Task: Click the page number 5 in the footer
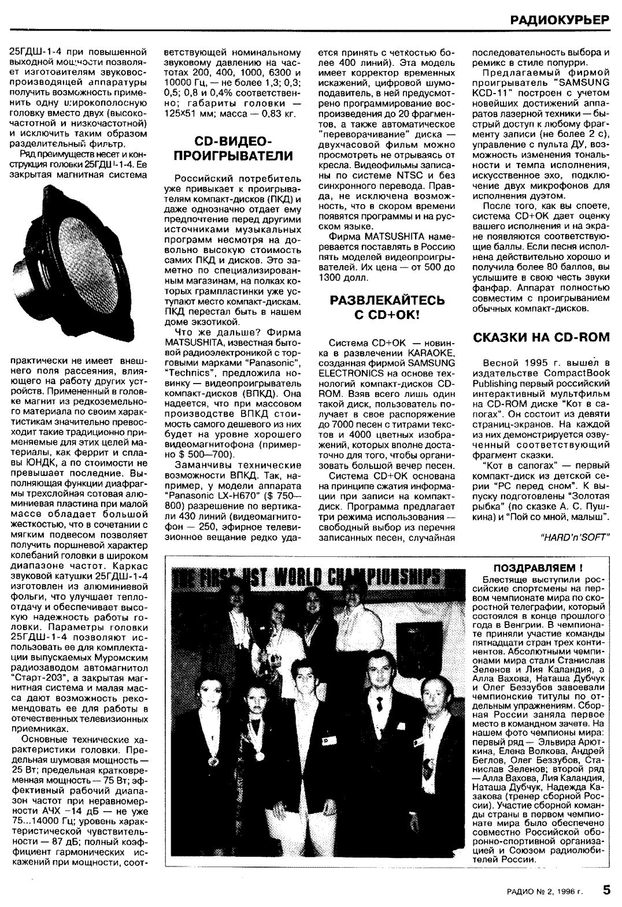point(606,890)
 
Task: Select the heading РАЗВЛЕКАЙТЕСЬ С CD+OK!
point(387,307)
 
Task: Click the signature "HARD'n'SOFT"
point(574,536)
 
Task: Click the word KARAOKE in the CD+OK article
point(427,352)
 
